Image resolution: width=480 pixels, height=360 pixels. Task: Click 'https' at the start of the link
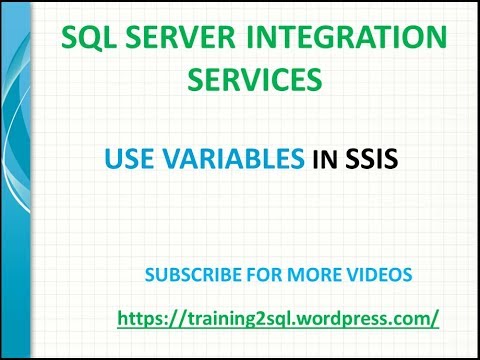click(140, 318)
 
